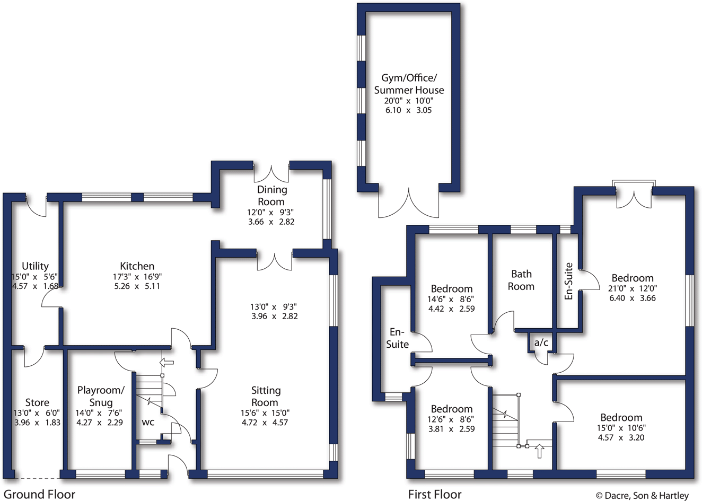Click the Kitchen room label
[x=137, y=266]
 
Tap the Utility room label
[x=35, y=266]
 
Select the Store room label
[x=37, y=402]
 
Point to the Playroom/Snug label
[x=101, y=397]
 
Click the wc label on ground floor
[x=148, y=423]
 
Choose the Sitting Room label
[x=265, y=397]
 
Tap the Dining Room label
[x=271, y=196]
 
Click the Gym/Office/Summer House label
[x=409, y=84]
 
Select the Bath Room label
[x=521, y=280]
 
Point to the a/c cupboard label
[x=541, y=343]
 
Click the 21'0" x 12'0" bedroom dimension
[x=633, y=288]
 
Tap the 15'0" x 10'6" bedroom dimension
[x=621, y=428]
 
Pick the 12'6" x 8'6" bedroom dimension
[x=451, y=419]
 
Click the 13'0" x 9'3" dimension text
[x=273, y=306]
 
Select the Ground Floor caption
[x=39, y=495]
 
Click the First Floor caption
[x=435, y=495]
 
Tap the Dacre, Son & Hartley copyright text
[x=642, y=496]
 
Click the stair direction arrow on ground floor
[x=166, y=363]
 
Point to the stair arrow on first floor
[x=539, y=451]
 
